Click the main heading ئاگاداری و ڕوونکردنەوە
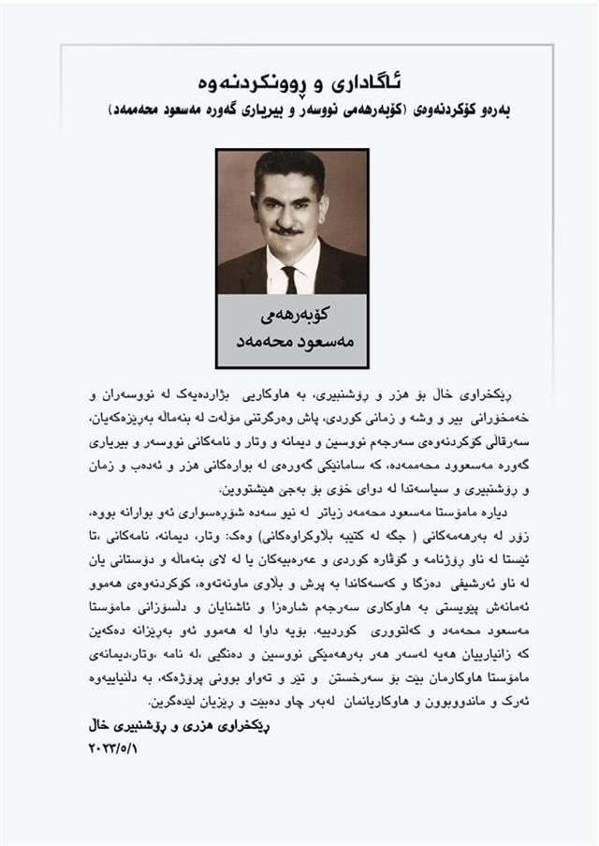(x=300, y=73)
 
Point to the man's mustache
(x=285, y=230)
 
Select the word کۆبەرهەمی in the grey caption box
(x=293, y=312)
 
